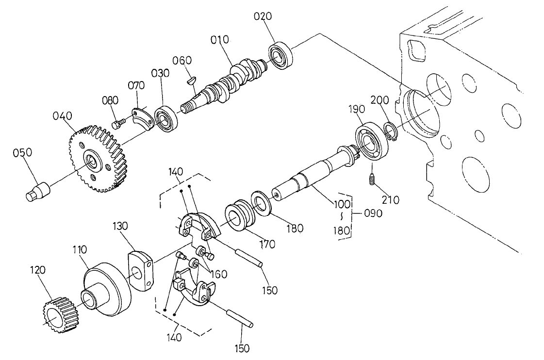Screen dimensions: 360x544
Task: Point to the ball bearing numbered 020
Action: point(280,56)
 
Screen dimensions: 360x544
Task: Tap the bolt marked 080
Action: point(118,124)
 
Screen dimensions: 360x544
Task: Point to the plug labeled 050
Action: point(36,191)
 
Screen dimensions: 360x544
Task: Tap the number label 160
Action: point(218,274)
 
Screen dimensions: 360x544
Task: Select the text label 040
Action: point(63,116)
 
